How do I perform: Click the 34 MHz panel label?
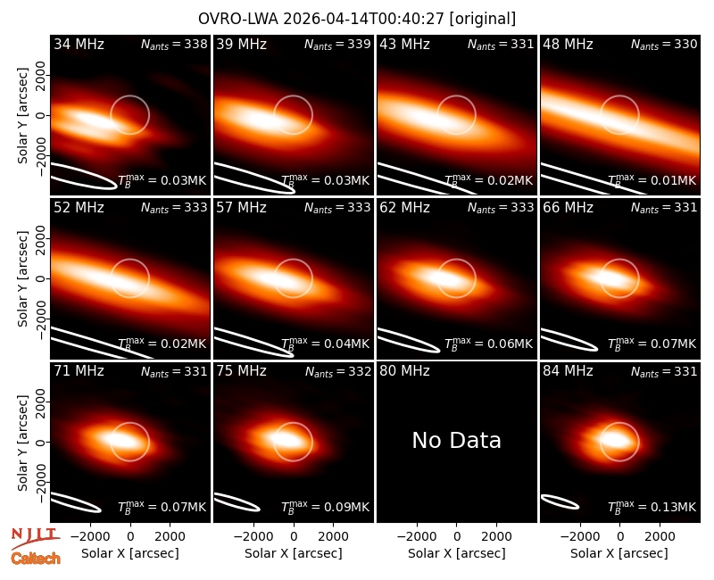[79, 44]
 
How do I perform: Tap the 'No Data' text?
[456, 440]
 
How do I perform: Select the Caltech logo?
[36, 559]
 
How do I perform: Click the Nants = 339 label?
[337, 44]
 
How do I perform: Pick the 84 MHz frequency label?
[568, 371]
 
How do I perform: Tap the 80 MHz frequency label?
[404, 371]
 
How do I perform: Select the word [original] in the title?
[482, 19]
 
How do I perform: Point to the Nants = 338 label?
[174, 44]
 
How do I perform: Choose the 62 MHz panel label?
[404, 208]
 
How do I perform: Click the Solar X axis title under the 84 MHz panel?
[619, 553]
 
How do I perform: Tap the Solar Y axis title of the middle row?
[22, 278]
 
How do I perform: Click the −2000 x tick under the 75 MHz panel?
[253, 536]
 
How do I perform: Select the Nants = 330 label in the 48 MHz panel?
[664, 44]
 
